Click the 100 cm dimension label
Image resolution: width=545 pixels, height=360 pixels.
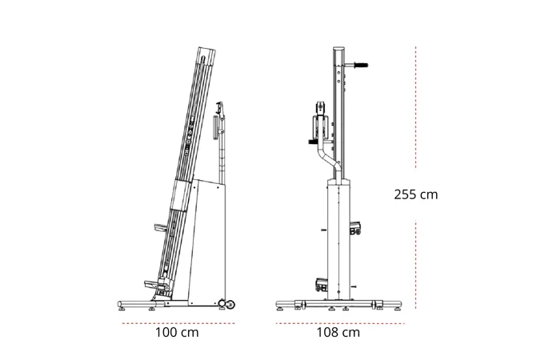point(177,333)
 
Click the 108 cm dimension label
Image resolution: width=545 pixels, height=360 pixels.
point(339,333)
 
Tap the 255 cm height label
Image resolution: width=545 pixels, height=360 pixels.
point(415,194)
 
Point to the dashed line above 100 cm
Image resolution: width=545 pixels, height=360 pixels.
point(178,323)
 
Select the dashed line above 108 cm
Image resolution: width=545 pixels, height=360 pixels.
point(340,323)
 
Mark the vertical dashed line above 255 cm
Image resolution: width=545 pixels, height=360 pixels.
point(415,107)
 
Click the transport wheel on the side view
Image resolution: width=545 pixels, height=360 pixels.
point(230,305)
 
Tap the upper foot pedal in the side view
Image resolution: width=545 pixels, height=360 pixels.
point(160,228)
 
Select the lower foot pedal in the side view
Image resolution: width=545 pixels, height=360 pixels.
point(153,284)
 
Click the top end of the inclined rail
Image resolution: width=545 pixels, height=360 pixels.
point(206,49)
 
